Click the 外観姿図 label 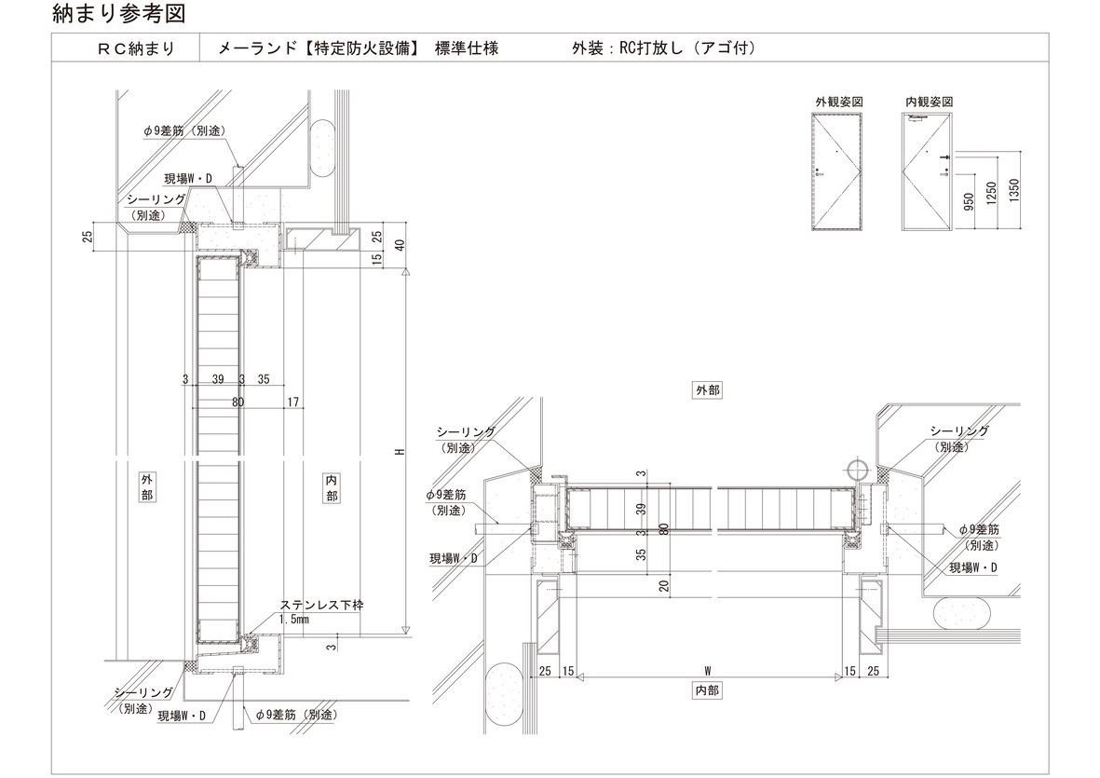click(841, 101)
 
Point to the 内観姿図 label click(928, 101)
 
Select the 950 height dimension click(969, 201)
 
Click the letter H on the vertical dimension click(398, 451)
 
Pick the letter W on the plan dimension click(707, 670)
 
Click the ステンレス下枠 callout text click(322, 605)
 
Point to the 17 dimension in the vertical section click(293, 403)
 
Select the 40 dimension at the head click(399, 245)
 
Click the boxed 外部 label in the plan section click(707, 390)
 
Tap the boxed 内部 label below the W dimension click(707, 690)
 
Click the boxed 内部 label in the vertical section click(333, 486)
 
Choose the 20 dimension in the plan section click(663, 585)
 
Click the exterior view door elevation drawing click(840, 172)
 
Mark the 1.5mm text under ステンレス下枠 click(294, 618)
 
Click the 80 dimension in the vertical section click(238, 403)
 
